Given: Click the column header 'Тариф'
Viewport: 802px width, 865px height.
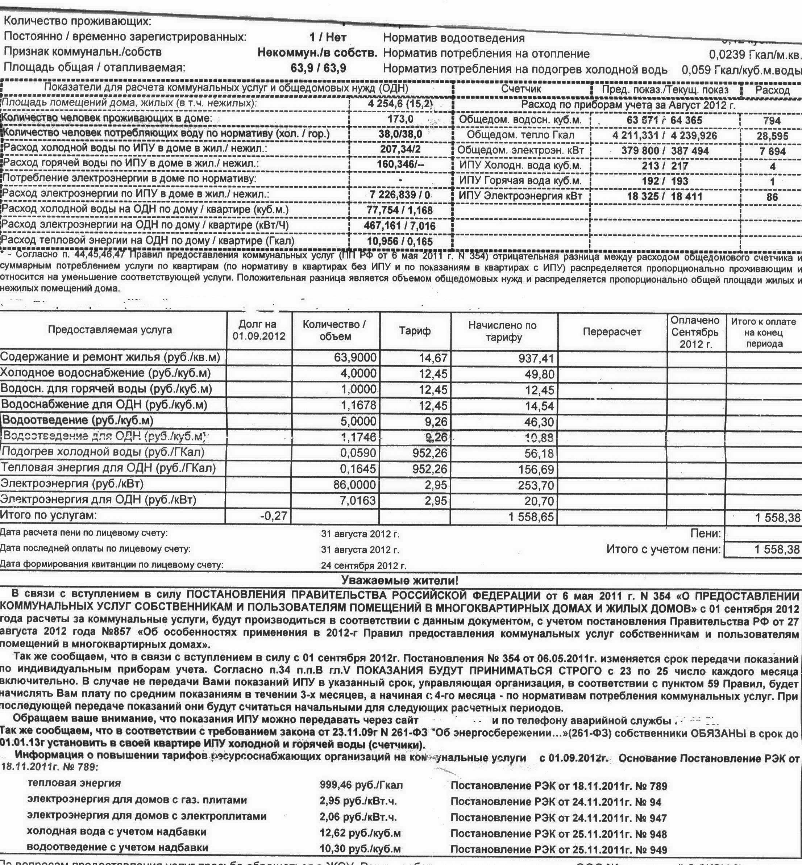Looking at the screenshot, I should tap(415, 331).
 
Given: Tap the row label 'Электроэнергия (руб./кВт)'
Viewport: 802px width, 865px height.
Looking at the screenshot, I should tap(72, 483).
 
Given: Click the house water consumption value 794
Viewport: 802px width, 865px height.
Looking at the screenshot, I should tap(772, 121).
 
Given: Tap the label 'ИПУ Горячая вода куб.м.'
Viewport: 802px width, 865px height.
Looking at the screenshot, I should tap(520, 181).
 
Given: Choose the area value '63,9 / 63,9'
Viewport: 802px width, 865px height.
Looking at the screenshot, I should tap(318, 68).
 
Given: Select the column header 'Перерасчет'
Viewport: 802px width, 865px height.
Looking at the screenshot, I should tap(612, 332).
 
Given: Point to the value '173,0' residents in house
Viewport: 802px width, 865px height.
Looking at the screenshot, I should tap(400, 119).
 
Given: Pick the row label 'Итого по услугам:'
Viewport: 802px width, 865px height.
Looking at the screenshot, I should tap(49, 515).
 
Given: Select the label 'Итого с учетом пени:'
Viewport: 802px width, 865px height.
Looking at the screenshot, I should tap(664, 549).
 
